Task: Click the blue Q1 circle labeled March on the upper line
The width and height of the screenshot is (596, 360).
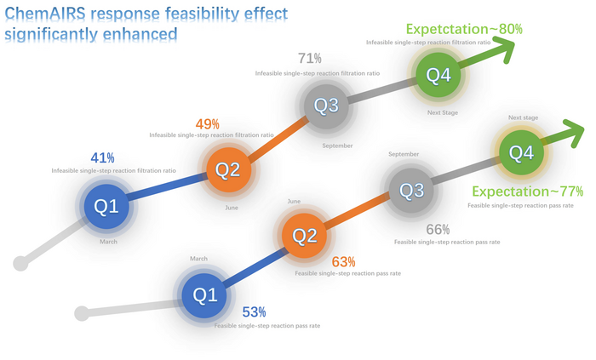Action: pyautogui.click(x=106, y=206)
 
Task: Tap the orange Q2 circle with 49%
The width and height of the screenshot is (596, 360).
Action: pyautogui.click(x=228, y=170)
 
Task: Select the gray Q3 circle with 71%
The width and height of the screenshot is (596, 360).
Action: pyautogui.click(x=327, y=106)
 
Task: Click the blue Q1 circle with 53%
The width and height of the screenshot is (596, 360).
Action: pyautogui.click(x=205, y=295)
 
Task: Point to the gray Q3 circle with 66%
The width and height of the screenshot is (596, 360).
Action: pyautogui.click(x=412, y=190)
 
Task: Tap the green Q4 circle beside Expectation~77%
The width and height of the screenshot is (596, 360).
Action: pyautogui.click(x=521, y=153)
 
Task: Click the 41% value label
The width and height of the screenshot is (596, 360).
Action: pyautogui.click(x=103, y=157)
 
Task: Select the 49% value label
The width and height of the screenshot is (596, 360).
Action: pyautogui.click(x=208, y=123)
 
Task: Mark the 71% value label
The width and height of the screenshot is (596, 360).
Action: pyautogui.click(x=310, y=59)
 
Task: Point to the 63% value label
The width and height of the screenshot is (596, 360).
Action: pyautogui.click(x=344, y=261)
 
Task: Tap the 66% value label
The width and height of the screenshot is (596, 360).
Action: pyautogui.click(x=438, y=229)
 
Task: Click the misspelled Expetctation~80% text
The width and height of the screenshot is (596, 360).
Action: pyautogui.click(x=464, y=29)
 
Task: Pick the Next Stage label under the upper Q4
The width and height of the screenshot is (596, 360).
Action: pyautogui.click(x=443, y=112)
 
